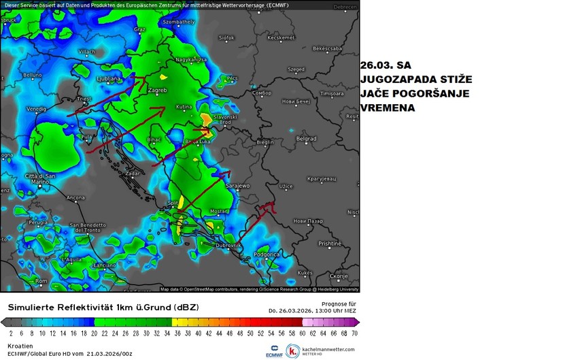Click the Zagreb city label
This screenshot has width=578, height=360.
pos(157,90)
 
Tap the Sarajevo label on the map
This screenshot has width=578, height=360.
pos(239,185)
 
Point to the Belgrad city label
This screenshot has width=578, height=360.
pos(306,139)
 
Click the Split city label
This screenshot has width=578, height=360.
pos(173,203)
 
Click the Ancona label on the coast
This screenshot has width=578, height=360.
pos(75,198)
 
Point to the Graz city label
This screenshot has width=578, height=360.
pos(140,29)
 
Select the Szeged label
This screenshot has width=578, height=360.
pos(296,69)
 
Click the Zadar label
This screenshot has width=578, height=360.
pos(133,174)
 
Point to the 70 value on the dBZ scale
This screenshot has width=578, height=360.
pos(354,333)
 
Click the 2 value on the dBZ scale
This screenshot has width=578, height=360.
pos(10,333)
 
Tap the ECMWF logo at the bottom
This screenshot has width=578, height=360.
pos(275,350)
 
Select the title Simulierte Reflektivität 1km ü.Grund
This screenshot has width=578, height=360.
pos(102,308)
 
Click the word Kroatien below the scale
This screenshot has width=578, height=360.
pos(20,346)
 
